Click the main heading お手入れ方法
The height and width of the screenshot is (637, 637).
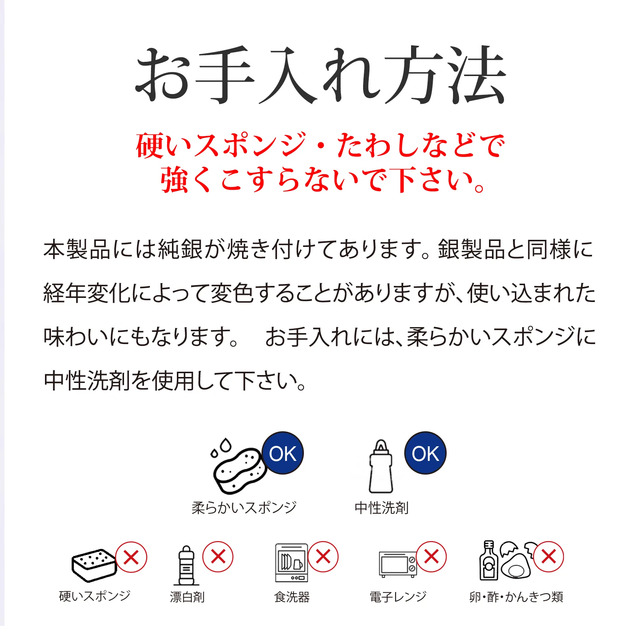tap(321, 75)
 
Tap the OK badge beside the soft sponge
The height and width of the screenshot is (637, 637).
tap(283, 453)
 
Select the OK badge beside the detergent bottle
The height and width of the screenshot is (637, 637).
tap(425, 453)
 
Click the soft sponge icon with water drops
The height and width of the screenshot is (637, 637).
tap(238, 467)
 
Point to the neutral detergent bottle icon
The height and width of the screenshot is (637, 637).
tap(381, 467)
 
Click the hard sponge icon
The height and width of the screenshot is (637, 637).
tap(94, 566)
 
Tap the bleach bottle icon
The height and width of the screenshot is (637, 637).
tap(186, 566)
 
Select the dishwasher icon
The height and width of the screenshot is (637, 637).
tap(292, 563)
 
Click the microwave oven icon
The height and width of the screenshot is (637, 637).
tap(398, 564)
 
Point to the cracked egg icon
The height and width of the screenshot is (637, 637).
tap(515, 561)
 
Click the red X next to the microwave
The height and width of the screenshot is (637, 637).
tap(432, 556)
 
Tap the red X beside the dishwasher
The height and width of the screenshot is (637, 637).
tap(323, 556)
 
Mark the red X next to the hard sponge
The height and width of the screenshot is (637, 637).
tap(131, 557)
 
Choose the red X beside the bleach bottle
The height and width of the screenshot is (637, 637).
tap(218, 556)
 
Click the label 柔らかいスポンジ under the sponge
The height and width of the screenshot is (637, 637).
tap(244, 508)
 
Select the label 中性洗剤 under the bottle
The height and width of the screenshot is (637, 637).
tap(381, 508)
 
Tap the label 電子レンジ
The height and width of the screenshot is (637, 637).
tap(398, 597)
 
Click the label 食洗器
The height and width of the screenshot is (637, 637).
tap(292, 597)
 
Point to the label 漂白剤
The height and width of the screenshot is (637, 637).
tap(187, 597)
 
